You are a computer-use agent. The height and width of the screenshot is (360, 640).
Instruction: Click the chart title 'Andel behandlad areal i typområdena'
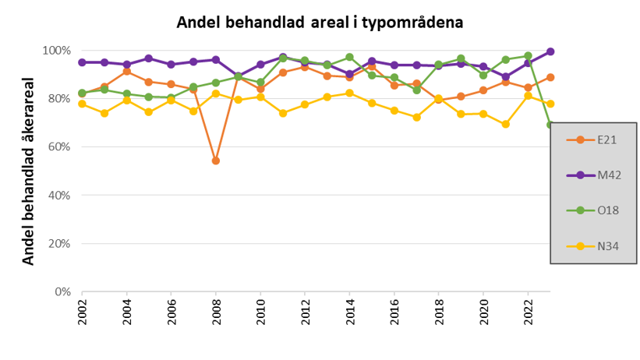(x=320, y=23)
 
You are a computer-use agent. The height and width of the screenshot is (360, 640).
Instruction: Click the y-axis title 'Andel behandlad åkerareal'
(x=29, y=171)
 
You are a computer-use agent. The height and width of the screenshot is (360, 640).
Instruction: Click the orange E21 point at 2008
(x=216, y=161)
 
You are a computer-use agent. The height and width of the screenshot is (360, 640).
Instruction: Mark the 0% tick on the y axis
(x=62, y=291)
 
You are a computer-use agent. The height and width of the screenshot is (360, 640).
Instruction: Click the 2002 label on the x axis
(x=83, y=311)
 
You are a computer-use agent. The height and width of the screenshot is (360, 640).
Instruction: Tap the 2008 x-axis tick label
(x=216, y=311)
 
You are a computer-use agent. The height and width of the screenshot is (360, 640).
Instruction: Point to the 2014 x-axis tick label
(x=350, y=311)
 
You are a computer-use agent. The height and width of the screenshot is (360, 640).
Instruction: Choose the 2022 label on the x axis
(x=529, y=311)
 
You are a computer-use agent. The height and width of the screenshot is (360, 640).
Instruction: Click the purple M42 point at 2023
(x=550, y=51)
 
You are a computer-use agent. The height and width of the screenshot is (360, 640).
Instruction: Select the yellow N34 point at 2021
(x=506, y=124)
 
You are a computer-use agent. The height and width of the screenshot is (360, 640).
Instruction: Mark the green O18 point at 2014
(x=350, y=57)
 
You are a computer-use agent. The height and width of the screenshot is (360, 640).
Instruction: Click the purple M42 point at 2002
(x=82, y=62)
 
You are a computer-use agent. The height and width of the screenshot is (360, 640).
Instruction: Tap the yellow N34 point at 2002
(x=82, y=104)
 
